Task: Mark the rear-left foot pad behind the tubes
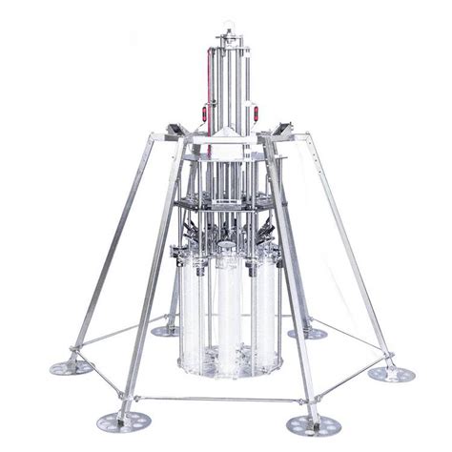[161, 331]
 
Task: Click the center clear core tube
[228, 305]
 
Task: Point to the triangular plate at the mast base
[225, 134]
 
